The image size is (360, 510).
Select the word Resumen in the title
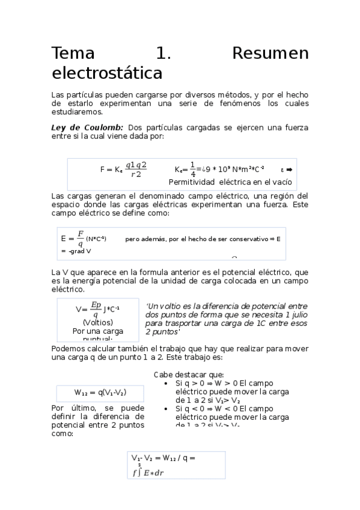270,54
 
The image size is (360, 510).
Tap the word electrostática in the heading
107,73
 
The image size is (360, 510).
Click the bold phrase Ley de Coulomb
87,127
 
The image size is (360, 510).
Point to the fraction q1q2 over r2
137,170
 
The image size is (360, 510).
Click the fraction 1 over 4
193,170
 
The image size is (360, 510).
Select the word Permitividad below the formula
192,182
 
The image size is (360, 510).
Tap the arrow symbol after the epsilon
289,170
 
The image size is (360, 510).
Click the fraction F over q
81,239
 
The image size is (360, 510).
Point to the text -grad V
75,251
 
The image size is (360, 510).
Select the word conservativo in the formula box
243,239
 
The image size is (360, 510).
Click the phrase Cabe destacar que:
189,374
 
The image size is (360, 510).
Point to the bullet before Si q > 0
166,382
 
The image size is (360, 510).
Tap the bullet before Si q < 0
166,408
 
